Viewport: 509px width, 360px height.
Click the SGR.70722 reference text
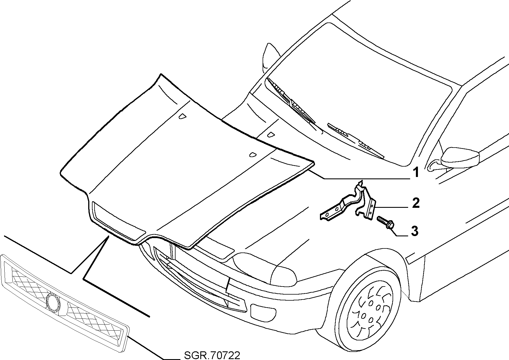pos(212,355)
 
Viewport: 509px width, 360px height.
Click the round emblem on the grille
pos(53,301)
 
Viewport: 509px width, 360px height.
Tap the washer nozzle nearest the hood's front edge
pos(253,155)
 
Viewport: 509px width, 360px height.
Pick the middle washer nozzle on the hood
pos(271,134)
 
